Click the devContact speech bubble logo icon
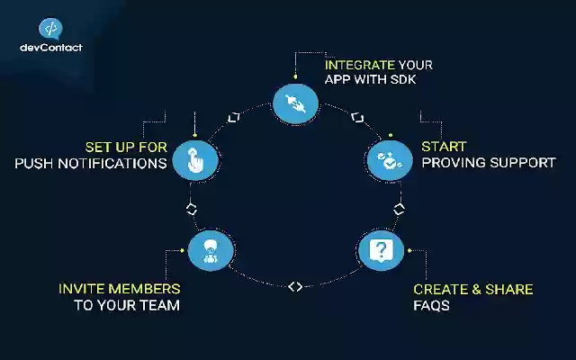point(50,29)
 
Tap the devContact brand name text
point(51,48)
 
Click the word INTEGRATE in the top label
point(360,65)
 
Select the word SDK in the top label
point(403,79)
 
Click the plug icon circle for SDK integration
point(296,104)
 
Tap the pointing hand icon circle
point(195,160)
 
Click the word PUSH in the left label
point(34,164)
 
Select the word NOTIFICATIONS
point(112,164)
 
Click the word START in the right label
point(444,147)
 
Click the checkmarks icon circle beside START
point(390,160)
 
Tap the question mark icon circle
point(381,250)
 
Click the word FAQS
point(432,306)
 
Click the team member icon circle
point(211,250)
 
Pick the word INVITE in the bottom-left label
point(81,289)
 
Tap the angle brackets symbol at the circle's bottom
point(295,286)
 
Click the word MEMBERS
point(144,289)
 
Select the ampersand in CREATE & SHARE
point(476,290)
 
